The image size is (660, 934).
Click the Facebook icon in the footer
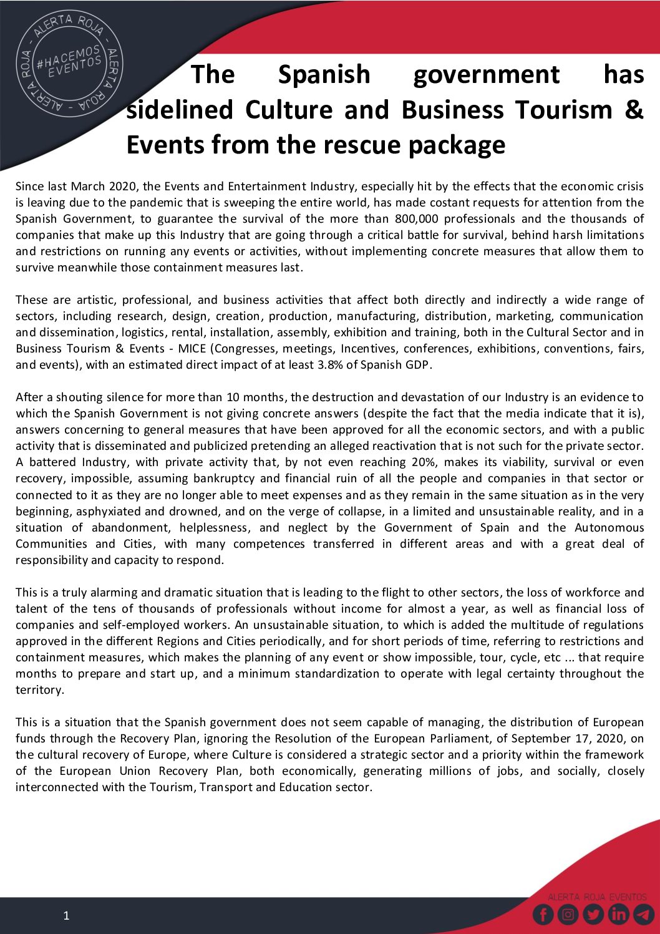click(543, 915)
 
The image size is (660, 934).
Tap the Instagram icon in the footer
click(568, 915)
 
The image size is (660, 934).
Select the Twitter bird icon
click(593, 915)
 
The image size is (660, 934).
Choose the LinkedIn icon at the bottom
click(618, 915)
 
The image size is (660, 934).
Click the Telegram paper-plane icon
click(643, 915)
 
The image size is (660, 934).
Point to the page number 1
click(67, 916)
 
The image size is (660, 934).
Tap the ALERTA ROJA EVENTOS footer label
click(597, 897)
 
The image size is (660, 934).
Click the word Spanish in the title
click(324, 74)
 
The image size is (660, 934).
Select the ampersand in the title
click(633, 110)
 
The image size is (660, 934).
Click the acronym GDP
click(418, 365)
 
